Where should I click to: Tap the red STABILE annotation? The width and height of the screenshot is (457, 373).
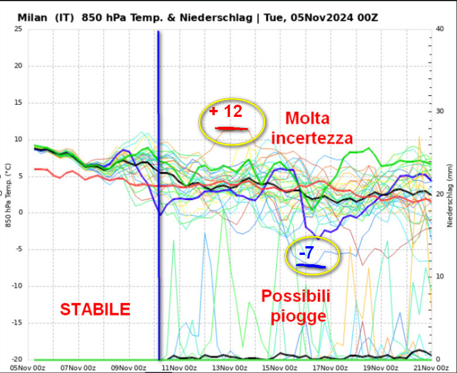(95, 309)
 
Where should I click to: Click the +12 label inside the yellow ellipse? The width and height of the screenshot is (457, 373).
(226, 110)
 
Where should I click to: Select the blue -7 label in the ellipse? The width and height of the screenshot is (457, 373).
(306, 253)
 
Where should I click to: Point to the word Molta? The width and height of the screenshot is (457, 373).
(307, 119)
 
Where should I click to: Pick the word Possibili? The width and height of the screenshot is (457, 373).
(295, 296)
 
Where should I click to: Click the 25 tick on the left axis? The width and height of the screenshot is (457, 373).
(18, 29)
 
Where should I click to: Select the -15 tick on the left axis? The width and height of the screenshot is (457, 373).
(16, 323)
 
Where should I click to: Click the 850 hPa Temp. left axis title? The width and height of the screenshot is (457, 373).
(6, 194)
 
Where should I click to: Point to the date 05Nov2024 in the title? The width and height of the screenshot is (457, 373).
(325, 18)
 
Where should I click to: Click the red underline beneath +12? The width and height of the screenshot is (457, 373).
(232, 128)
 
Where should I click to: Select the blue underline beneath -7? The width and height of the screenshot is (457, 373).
(311, 266)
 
